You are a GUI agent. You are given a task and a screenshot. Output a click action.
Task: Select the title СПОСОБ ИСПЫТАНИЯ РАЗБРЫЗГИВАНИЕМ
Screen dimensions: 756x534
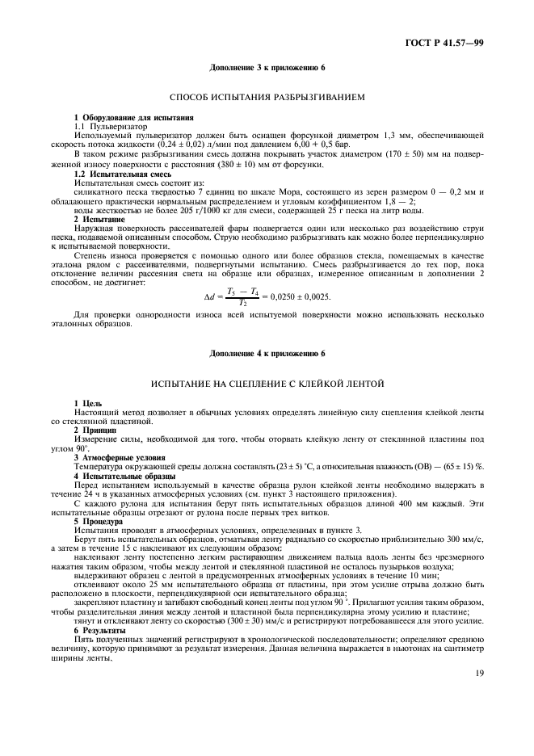[267, 98]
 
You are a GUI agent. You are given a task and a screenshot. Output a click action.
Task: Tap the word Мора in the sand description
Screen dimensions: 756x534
[278, 191]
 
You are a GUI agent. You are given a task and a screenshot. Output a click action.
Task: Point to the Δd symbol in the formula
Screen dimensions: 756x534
[209, 298]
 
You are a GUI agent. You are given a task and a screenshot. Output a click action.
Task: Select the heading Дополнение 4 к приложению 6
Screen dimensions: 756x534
[267, 353]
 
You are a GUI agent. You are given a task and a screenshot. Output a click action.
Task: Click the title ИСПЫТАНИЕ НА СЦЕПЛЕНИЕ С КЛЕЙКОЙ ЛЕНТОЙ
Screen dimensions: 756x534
[267, 383]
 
